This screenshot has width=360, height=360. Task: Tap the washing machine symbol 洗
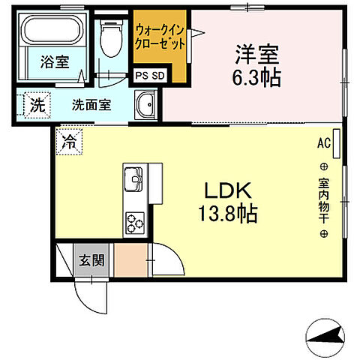pyautogui.click(x=36, y=105)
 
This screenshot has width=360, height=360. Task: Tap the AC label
pyautogui.click(x=323, y=142)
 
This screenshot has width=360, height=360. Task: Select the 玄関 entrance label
pyautogui.click(x=92, y=261)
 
